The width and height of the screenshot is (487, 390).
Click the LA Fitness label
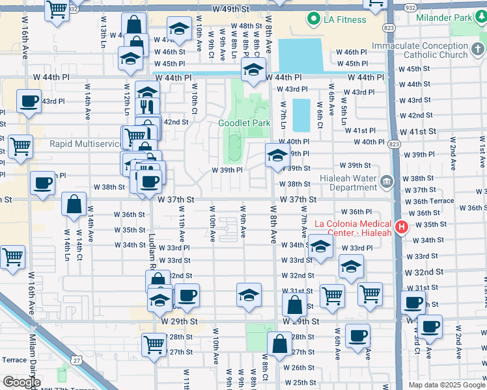click(x=345, y=19)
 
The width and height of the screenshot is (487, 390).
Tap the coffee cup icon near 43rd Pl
click(x=29, y=102)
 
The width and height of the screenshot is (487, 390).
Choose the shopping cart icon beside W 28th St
click(x=154, y=343)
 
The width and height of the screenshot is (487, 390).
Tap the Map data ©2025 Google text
click(x=446, y=385)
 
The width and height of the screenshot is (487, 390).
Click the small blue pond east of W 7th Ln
click(x=301, y=115)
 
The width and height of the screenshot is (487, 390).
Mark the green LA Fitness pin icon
click(x=313, y=19)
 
